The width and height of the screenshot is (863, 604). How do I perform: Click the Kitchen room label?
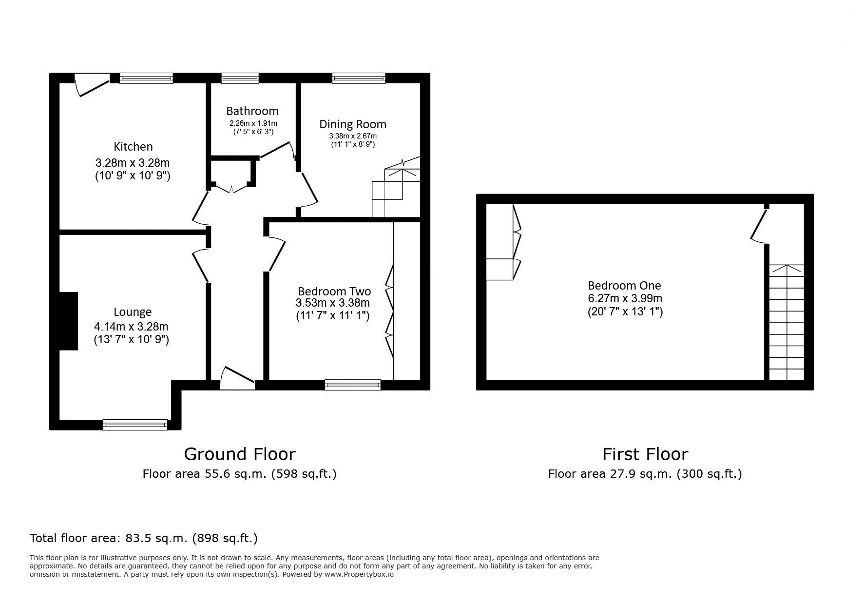[x=133, y=146]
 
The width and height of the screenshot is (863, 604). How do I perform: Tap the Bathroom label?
[x=252, y=111]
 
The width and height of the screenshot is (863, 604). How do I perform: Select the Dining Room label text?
[x=353, y=124]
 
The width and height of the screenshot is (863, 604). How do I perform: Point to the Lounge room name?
[x=133, y=312]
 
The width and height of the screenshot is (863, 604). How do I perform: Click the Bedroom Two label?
[x=334, y=291]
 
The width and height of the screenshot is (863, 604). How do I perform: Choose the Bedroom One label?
[x=624, y=286]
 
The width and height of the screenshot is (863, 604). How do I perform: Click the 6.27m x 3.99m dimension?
[x=625, y=298]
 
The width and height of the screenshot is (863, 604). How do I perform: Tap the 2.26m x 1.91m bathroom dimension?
[x=253, y=124]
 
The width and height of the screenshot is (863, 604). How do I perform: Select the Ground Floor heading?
[x=240, y=454]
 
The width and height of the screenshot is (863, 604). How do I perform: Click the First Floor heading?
[x=645, y=454]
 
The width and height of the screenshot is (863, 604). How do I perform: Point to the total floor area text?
[x=144, y=538]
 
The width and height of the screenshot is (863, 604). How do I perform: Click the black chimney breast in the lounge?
[x=68, y=321]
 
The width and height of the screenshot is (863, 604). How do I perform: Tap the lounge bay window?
[x=135, y=425]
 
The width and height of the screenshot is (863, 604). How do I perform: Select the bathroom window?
[x=240, y=78]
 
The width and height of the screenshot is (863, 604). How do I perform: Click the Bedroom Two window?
[x=353, y=385]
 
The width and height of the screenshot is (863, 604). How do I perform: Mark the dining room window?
[x=359, y=78]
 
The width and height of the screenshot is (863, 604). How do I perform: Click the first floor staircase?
[x=786, y=322]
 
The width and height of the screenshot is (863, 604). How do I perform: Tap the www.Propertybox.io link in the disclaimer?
[x=360, y=574]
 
